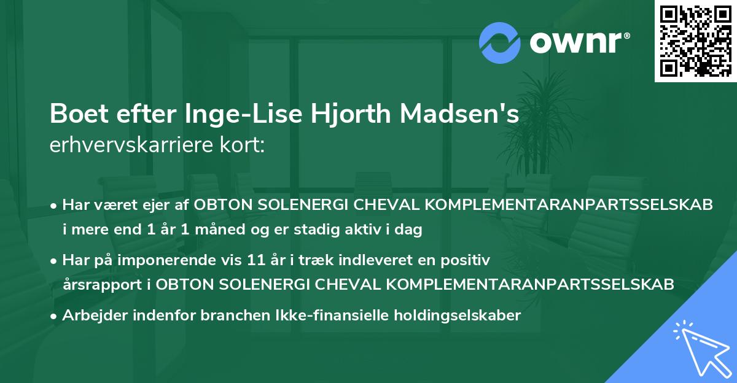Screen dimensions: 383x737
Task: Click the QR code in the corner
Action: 695,41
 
